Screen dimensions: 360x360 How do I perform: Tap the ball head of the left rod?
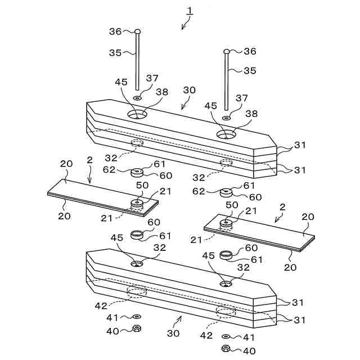138,32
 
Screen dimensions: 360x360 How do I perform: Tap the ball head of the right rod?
227,52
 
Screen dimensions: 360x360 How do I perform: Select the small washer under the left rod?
137,97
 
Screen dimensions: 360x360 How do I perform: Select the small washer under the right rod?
226,118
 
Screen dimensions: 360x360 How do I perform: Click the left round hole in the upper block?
137,114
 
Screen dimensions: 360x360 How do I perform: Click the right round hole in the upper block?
227,134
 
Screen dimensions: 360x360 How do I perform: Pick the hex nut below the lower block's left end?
136,329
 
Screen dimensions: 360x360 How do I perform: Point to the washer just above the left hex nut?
137,318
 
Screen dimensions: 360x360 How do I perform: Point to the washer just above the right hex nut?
226,336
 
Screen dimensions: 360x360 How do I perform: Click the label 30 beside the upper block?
190,90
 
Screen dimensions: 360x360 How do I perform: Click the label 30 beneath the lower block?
173,334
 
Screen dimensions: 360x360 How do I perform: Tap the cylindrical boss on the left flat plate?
137,202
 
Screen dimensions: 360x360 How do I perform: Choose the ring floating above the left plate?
137,172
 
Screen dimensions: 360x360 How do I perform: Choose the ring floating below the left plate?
137,234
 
